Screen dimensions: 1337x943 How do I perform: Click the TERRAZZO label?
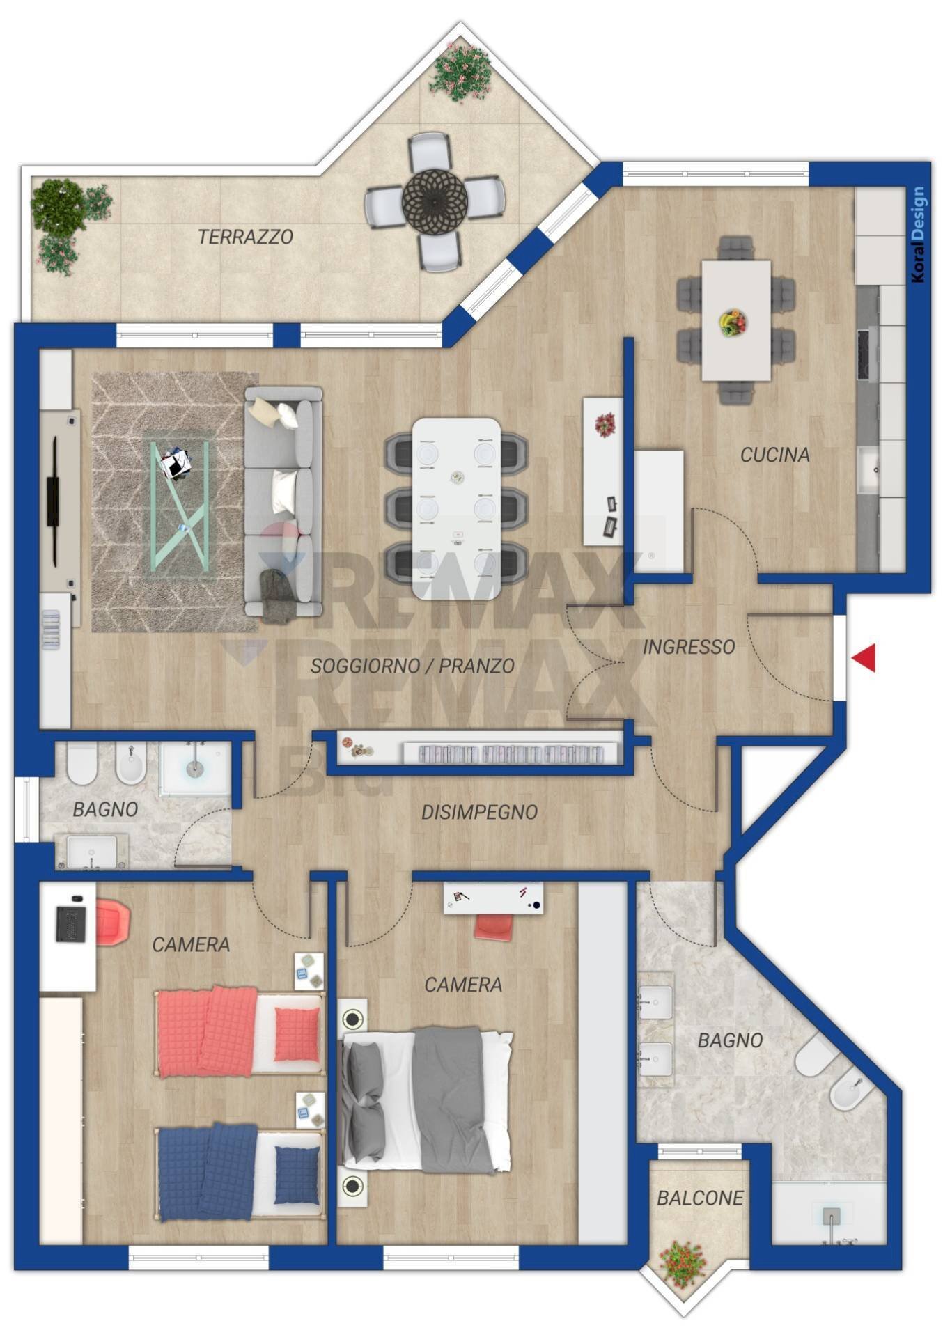(x=245, y=237)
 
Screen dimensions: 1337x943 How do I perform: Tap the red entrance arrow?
(x=864, y=658)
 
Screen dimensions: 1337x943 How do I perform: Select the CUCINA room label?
(x=774, y=455)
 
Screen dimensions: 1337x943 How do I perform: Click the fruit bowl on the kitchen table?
(x=733, y=323)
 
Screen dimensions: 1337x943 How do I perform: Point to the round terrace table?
(x=434, y=201)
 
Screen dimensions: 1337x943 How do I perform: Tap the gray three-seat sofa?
(x=283, y=501)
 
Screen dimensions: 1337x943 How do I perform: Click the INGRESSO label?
(x=688, y=647)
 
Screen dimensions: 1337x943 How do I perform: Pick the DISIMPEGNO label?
(x=479, y=812)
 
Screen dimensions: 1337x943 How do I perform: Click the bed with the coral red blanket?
(x=240, y=1032)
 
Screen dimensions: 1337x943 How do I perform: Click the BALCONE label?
(x=699, y=1198)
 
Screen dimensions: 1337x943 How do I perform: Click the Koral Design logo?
(x=919, y=234)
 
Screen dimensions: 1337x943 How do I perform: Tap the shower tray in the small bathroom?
(x=194, y=768)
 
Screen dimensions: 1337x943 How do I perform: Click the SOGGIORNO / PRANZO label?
(x=412, y=666)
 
